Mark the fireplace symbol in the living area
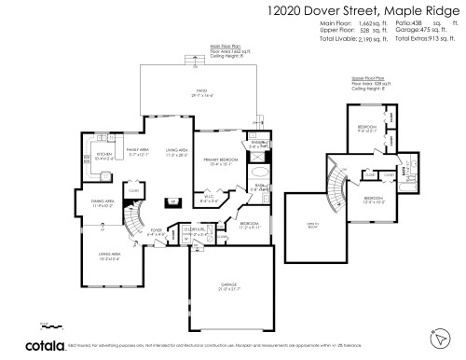172,201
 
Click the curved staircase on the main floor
135,222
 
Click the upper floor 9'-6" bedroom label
366,127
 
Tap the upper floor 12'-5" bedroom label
373,199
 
